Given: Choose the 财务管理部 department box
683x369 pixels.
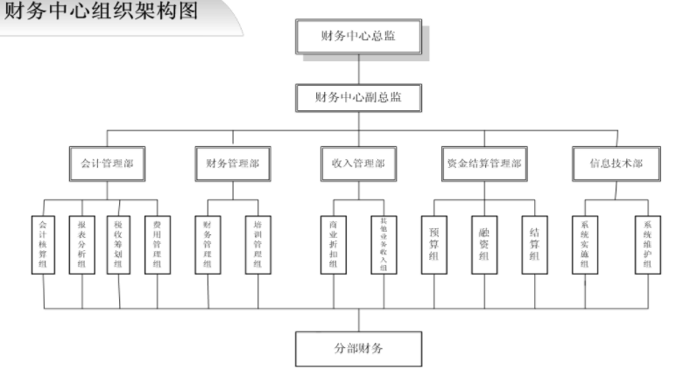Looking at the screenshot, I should pos(232,163).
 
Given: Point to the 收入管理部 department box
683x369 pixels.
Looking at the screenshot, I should pos(358,163).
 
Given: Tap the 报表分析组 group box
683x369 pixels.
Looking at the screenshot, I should pos(81,246).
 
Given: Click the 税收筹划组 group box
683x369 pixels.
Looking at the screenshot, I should pos(119,246).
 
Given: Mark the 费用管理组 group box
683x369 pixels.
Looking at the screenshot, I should pos(157,246).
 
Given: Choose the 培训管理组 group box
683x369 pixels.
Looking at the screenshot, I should pos(257,246).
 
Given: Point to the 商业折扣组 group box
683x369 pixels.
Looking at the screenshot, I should pos(333,246).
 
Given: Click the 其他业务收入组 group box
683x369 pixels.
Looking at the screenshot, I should pos(384,246).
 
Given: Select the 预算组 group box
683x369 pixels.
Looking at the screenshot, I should pos(434,246).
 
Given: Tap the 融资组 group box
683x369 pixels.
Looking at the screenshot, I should pos(484,246).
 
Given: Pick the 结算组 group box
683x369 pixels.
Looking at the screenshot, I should pos(535,246).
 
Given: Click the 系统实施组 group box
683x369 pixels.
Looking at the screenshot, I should pos(585,246).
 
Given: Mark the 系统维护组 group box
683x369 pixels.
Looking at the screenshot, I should pos(648,246).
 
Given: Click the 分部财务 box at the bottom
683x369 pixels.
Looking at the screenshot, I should pos(358,349).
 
